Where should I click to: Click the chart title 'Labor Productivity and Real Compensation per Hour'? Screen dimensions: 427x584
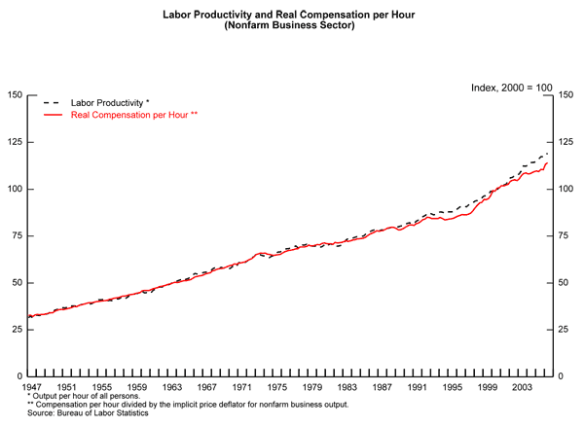(291, 15)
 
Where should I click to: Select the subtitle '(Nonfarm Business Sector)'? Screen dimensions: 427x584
(291, 26)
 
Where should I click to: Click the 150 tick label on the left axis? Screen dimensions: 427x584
(15, 95)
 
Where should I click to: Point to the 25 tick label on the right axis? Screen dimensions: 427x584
(565, 330)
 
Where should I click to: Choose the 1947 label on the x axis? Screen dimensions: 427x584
(35, 388)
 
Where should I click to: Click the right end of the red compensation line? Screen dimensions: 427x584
(548, 162)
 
